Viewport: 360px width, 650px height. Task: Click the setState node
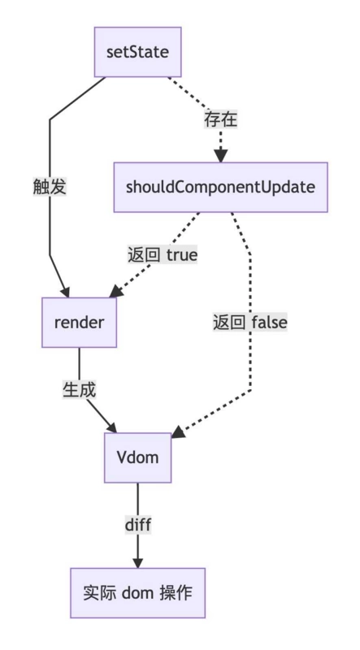point(137,52)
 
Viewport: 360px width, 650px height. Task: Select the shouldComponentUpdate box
point(220,187)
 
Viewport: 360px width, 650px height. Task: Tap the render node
point(79,322)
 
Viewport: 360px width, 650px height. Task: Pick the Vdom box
point(137,457)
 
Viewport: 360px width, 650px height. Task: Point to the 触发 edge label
point(50,186)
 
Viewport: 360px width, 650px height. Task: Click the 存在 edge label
point(220,119)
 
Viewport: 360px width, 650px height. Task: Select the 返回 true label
point(163,253)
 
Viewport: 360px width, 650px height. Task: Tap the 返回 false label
point(250,322)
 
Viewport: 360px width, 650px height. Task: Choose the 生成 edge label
point(80,389)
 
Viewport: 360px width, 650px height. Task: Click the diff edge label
point(137,524)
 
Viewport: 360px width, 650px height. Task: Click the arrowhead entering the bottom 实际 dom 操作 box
point(137,562)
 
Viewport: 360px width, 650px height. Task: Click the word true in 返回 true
point(182,253)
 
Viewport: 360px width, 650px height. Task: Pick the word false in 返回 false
point(270,322)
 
